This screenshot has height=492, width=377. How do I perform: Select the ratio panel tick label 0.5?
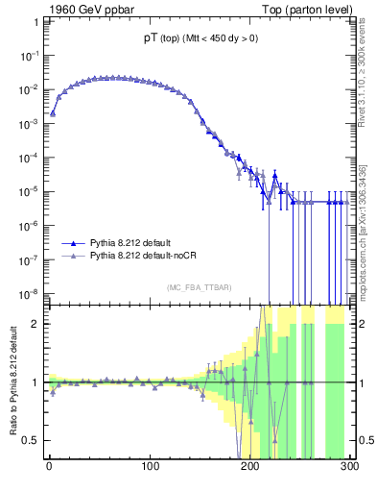coord(33,440)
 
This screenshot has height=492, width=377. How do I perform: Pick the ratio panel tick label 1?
coord(36,382)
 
